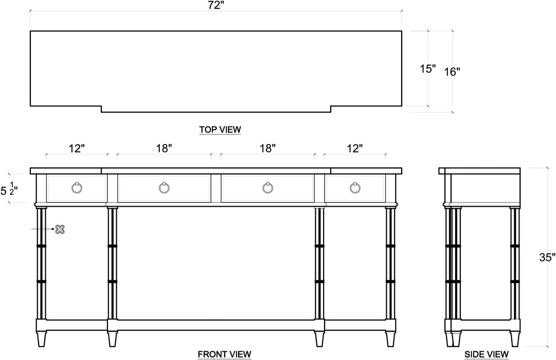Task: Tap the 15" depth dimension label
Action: pos(427,68)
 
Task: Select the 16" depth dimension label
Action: pos(452,71)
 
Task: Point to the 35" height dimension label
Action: pos(547,257)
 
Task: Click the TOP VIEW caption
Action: pos(220,130)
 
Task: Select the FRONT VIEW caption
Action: pos(224,354)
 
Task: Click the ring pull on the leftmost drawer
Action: pos(77,188)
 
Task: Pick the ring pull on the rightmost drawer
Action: pos(355,188)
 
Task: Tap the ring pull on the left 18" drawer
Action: pos(164,188)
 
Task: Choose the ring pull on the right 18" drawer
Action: pos(267,188)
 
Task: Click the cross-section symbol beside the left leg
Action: pos(60,229)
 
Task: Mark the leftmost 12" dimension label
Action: pos(76,149)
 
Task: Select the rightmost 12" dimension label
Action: pos(354,149)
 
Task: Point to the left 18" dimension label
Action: pos(164,149)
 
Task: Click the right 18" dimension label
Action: pos(267,149)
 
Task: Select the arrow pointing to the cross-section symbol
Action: pos(46,229)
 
